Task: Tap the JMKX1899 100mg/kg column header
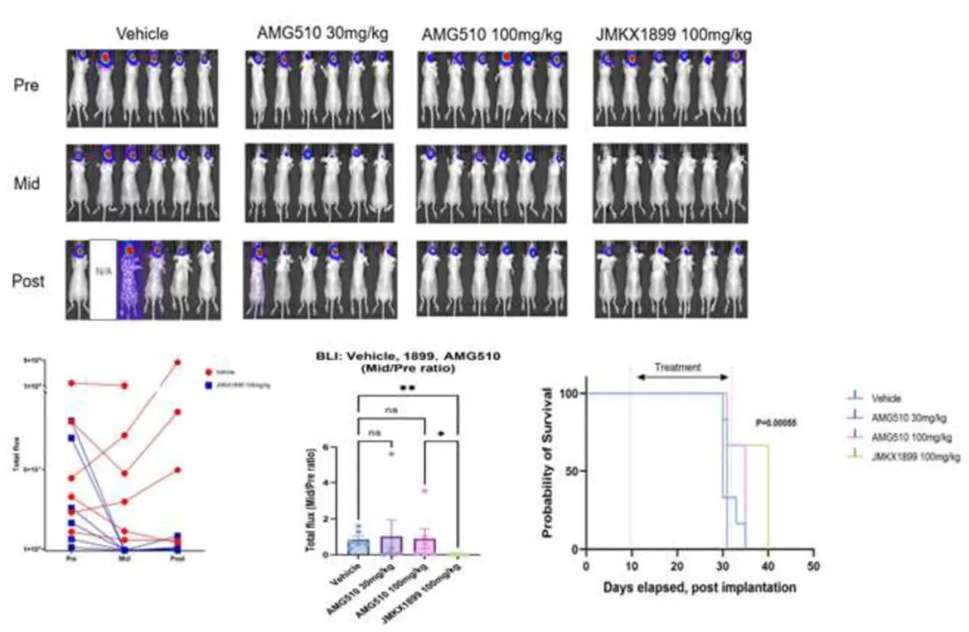(673, 35)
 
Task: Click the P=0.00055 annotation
(777, 423)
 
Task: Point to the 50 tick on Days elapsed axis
(813, 566)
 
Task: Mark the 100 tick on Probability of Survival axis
(569, 393)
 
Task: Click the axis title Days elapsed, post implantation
(700, 588)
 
